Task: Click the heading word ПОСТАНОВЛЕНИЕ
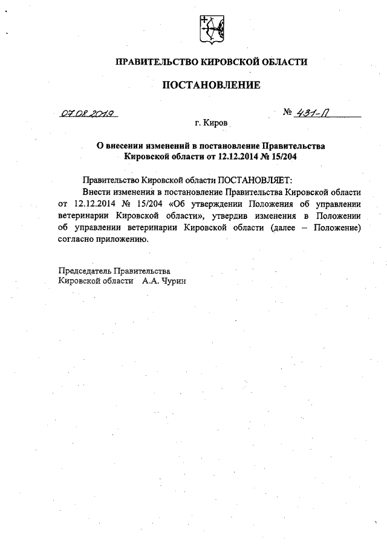(x=211, y=85)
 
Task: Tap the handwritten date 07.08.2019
(x=88, y=113)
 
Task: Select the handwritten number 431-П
(x=314, y=112)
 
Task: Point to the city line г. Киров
(x=211, y=123)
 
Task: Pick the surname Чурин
(x=173, y=281)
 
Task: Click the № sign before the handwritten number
(x=288, y=112)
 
